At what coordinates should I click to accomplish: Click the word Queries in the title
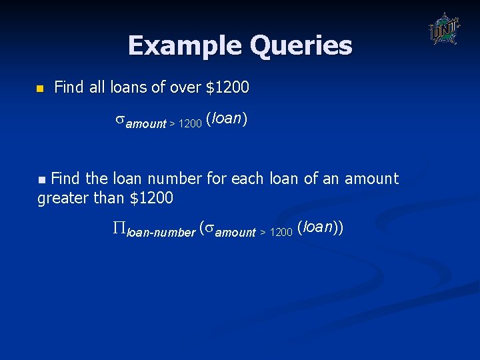(x=301, y=46)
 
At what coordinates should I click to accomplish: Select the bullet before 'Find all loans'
(x=39, y=89)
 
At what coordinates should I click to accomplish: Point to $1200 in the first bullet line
(x=227, y=87)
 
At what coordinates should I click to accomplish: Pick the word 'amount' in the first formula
(x=146, y=123)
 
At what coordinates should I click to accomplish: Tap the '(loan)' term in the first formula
(x=227, y=119)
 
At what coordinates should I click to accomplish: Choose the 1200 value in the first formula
(x=190, y=124)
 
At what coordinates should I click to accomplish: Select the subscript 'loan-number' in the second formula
(x=161, y=232)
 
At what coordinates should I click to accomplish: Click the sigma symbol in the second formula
(x=209, y=230)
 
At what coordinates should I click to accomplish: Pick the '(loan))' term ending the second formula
(x=321, y=227)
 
